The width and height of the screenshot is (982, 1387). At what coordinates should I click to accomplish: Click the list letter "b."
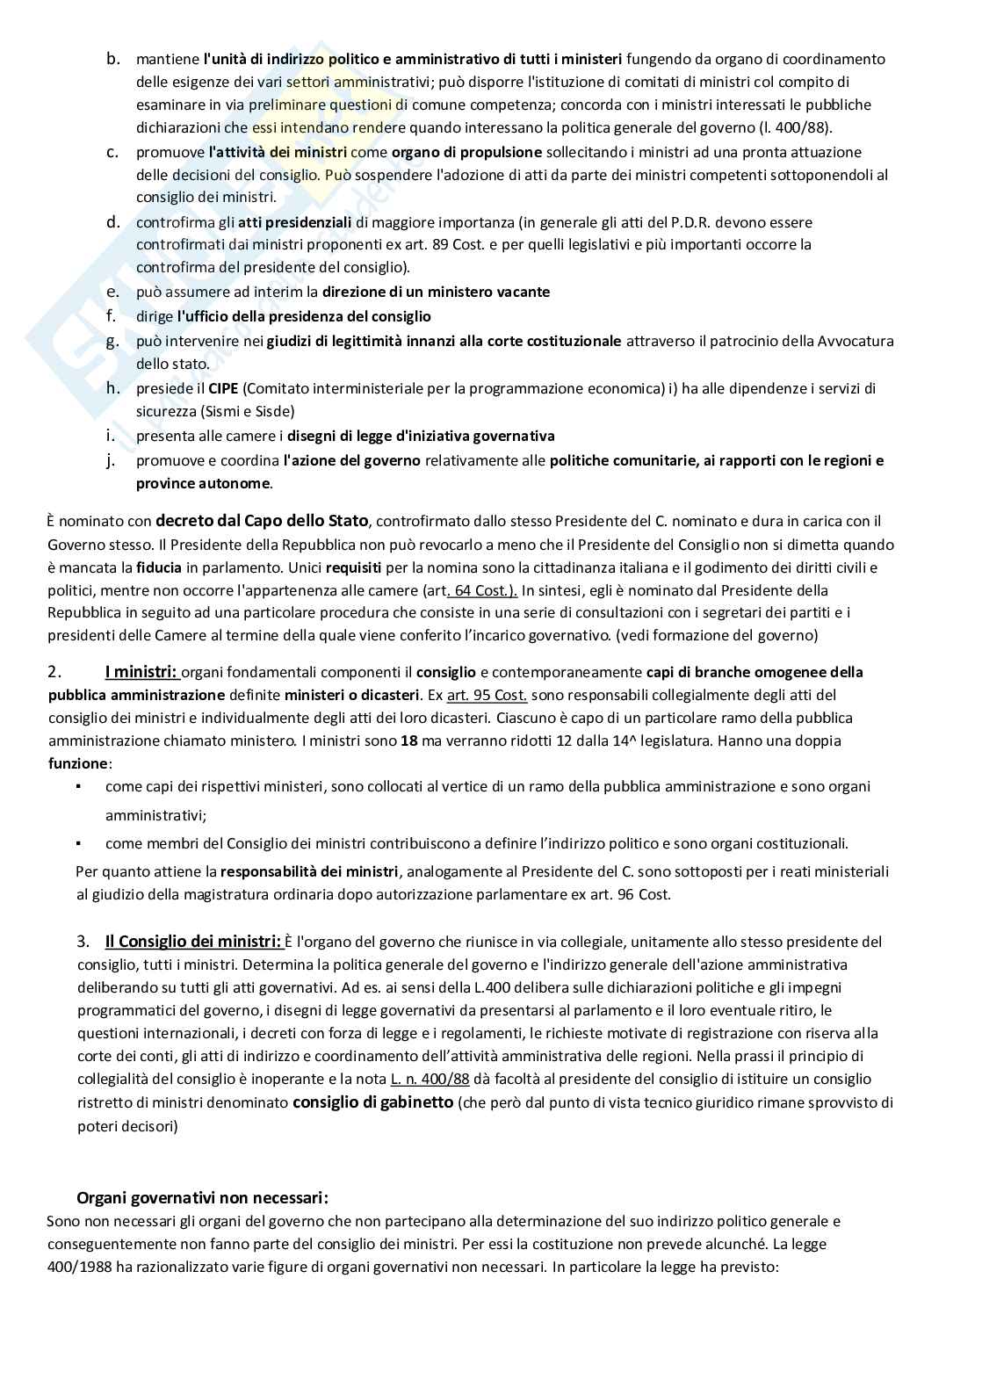[112, 59]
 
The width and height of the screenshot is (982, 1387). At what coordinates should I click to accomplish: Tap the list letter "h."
[112, 387]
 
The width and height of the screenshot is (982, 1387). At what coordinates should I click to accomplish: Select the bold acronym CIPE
[222, 388]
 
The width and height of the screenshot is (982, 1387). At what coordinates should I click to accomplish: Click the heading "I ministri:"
[141, 672]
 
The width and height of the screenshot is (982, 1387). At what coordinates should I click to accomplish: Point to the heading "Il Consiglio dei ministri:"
[193, 942]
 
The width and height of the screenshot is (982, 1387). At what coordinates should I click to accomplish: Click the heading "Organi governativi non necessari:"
[203, 1197]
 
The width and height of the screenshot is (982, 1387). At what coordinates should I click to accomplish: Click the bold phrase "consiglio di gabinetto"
[372, 1102]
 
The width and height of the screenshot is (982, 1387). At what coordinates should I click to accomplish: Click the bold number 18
[408, 740]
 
